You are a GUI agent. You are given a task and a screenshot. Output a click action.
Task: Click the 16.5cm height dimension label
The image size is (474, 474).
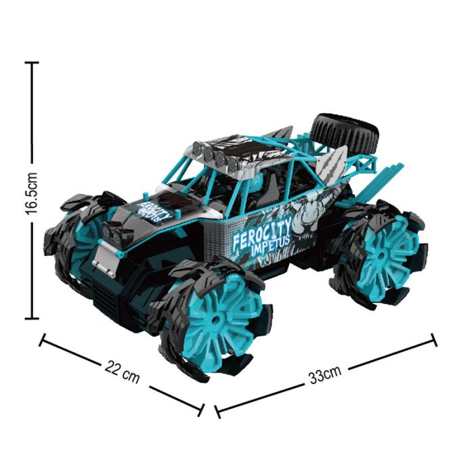point(31,194)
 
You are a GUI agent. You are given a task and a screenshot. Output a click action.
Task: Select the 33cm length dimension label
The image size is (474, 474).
point(325,375)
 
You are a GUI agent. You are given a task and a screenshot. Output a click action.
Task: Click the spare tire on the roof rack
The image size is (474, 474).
point(345,133)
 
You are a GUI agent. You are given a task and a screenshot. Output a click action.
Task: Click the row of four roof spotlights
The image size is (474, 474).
point(215,155)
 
